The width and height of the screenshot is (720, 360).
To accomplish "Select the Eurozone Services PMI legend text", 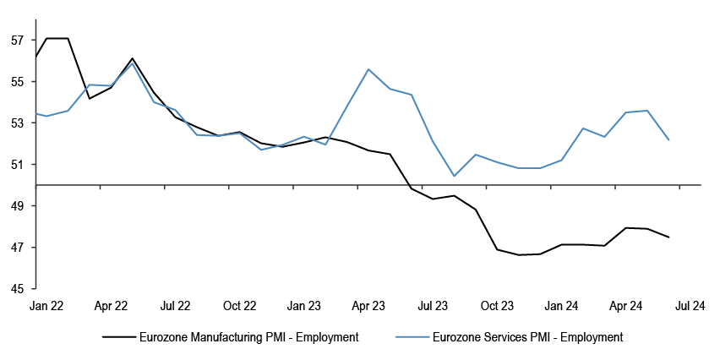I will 526,337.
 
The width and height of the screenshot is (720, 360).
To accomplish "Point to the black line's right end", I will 669,237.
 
